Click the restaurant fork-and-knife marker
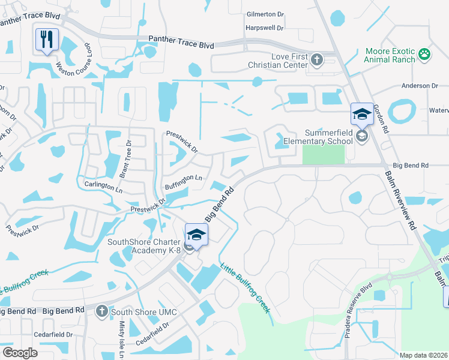click(47, 40)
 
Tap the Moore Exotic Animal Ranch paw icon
click(424, 55)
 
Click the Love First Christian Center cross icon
click(317, 59)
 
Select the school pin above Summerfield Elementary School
click(362, 114)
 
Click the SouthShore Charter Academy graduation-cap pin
click(196, 235)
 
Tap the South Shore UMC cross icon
click(101, 310)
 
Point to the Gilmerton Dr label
click(265, 14)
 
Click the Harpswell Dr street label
click(264, 28)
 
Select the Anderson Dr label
click(420, 86)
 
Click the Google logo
click(20, 353)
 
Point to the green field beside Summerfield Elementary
click(324, 154)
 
